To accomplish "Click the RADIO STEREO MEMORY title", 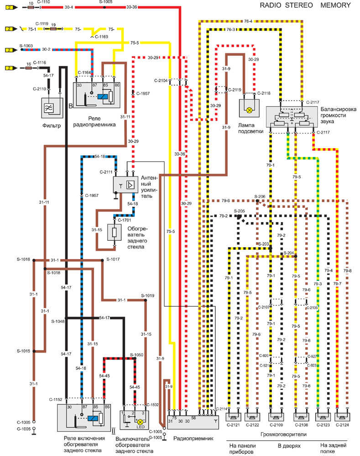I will pos(305,5).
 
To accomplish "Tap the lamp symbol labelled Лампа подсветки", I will pos(249,110).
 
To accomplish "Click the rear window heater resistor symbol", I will pos(114,233).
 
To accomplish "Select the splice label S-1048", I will pos(58,321).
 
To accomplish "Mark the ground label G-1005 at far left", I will pos(23,429).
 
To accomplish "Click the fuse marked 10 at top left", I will pos(30,8).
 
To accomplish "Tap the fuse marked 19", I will pos(53,29).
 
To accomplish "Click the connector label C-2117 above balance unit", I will pos(313,102).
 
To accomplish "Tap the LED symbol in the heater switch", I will pos(141,422).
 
